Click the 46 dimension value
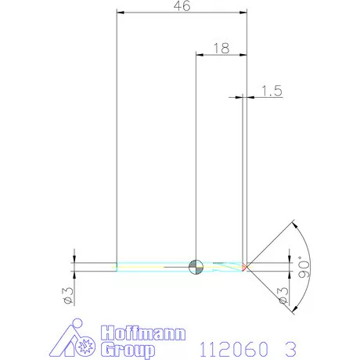click(x=181, y=6)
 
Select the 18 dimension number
click(x=220, y=48)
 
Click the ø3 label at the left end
click(x=67, y=295)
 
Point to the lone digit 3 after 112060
click(x=292, y=347)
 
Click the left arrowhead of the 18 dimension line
click(x=198, y=54)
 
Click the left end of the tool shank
click(x=118, y=267)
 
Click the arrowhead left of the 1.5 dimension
click(x=239, y=97)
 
